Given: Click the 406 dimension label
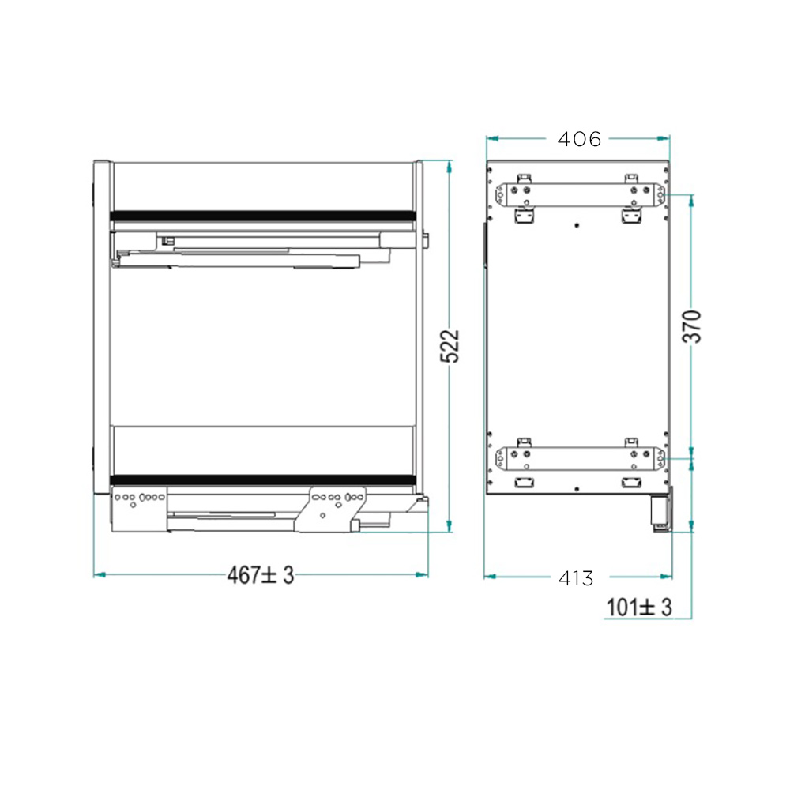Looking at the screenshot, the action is point(579,139).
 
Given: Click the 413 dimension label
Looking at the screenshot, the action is point(576,578).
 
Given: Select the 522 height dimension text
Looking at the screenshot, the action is point(450,346).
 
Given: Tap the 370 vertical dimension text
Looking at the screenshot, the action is point(692,326).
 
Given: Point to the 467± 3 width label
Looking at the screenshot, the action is point(260,575).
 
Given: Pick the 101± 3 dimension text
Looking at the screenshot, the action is point(639,607).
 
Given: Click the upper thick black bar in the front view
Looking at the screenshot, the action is point(262,216).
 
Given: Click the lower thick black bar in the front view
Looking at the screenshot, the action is point(262,480).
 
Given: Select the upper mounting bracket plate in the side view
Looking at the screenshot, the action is point(580,195).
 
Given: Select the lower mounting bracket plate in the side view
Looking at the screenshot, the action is point(580,458).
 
